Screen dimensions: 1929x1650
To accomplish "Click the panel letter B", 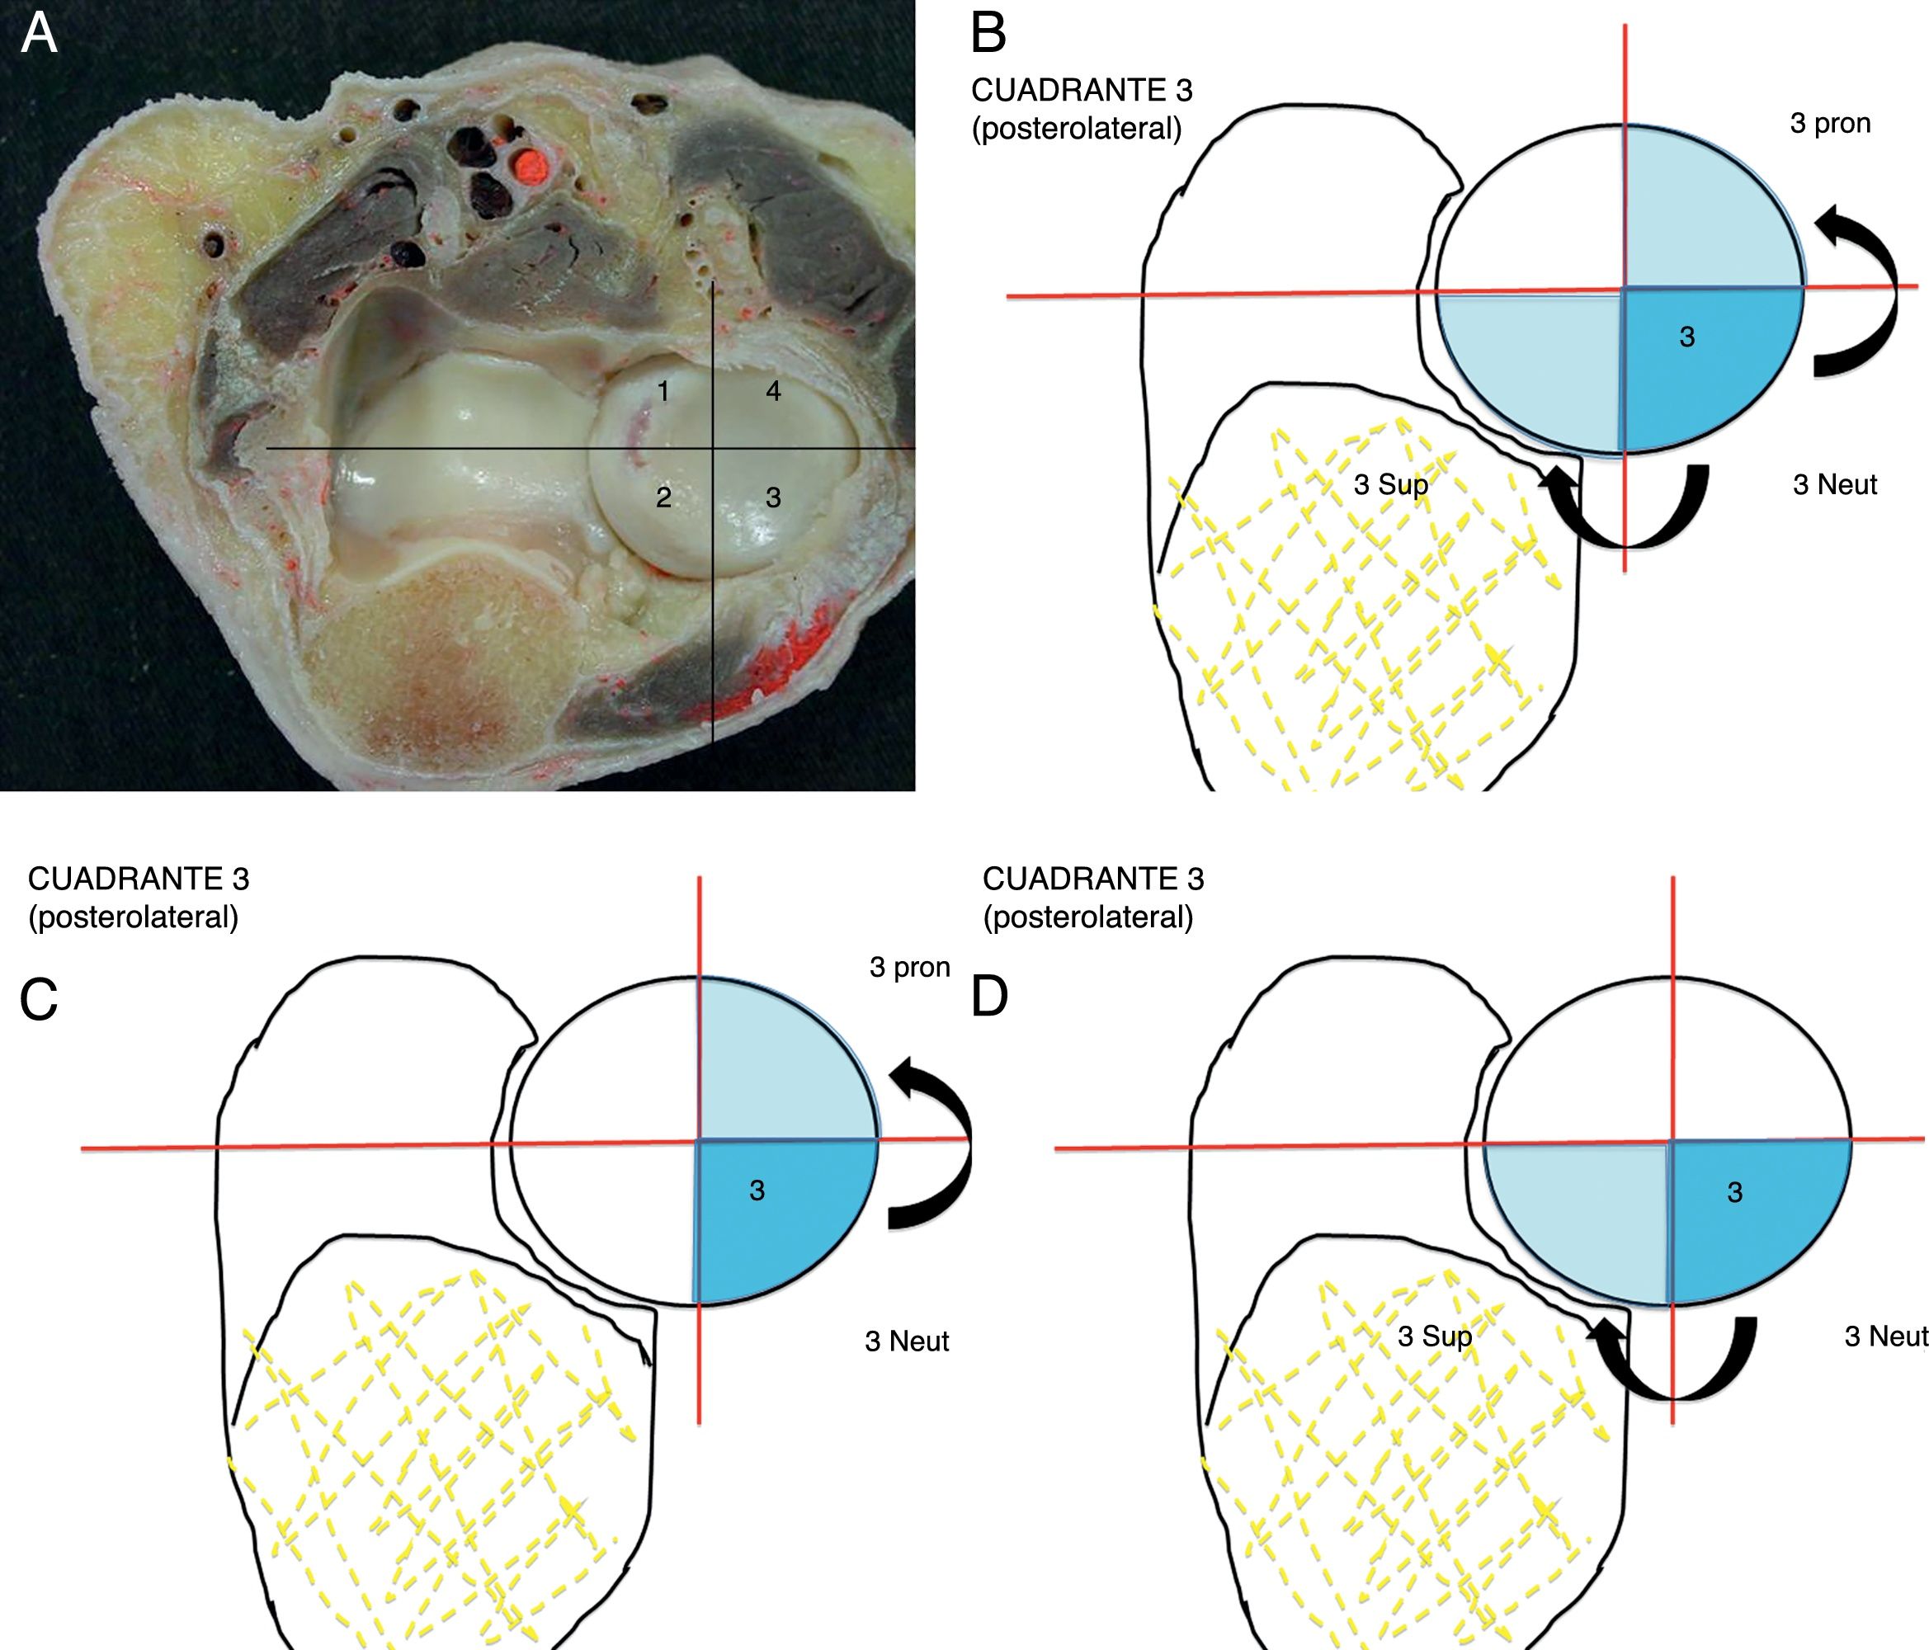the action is (988, 34).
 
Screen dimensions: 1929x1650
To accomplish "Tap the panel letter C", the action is (39, 1000).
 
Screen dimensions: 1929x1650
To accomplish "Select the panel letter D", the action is (988, 997).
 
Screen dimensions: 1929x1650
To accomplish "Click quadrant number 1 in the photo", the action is (663, 392).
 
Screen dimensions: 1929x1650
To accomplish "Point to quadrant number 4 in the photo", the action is (773, 392).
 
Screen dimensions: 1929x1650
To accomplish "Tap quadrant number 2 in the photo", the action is (663, 498).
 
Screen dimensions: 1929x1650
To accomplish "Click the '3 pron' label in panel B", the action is (1829, 124).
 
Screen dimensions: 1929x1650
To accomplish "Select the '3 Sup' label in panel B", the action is (1390, 485).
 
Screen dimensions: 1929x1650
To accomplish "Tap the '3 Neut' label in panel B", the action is (1834, 485).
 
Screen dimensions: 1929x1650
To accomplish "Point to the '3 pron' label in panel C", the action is (908, 968).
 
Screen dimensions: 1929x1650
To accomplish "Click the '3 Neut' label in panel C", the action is (906, 1341).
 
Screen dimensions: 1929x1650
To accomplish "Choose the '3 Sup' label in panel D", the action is (1435, 1337).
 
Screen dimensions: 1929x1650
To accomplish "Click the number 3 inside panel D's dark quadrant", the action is (1734, 1193).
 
